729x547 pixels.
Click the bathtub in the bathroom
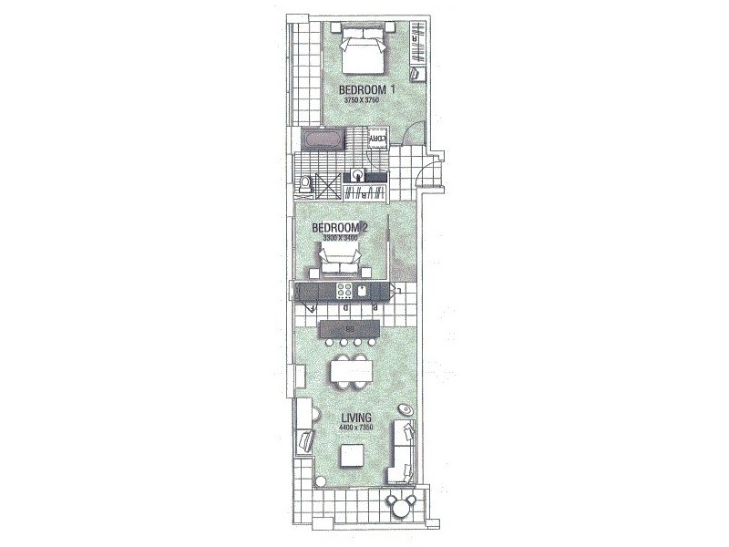point(323,140)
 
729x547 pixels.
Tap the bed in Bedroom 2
point(341,267)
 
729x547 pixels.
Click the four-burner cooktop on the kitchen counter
point(345,292)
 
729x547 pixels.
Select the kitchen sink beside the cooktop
point(363,292)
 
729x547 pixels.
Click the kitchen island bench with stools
point(347,328)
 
